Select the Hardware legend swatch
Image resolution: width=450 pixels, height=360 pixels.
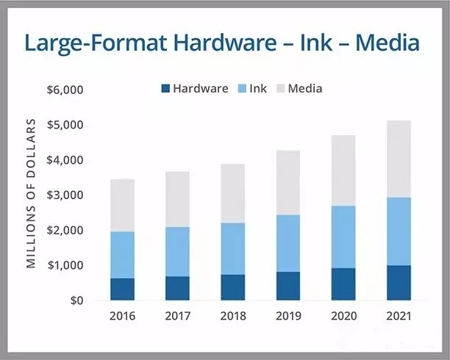click(165, 89)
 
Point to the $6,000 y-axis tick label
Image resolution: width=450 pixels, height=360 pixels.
click(65, 90)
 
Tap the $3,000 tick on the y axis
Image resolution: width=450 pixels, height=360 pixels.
click(65, 195)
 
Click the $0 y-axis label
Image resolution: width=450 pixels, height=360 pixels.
click(75, 300)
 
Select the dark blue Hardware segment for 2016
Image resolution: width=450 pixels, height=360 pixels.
click(122, 289)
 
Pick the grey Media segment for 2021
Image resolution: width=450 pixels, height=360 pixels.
click(399, 159)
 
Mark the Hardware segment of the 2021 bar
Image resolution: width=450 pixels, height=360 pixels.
click(399, 282)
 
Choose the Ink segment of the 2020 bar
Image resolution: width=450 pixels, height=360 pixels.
click(343, 237)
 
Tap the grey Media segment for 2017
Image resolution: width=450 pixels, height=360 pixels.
click(177, 199)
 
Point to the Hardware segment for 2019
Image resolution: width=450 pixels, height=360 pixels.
click(288, 286)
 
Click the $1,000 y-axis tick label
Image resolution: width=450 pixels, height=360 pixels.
click(65, 265)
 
